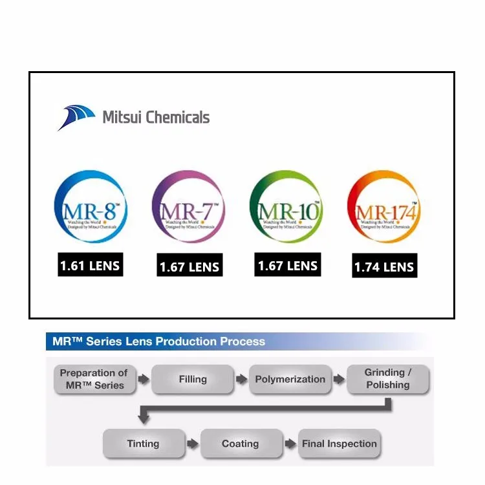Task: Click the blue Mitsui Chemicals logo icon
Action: (76, 117)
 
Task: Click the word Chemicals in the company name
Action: (177, 117)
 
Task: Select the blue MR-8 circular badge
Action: (91, 207)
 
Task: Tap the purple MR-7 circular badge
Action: (189, 207)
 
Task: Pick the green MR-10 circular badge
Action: (286, 207)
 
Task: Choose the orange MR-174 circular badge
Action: (384, 207)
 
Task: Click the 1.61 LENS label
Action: (90, 265)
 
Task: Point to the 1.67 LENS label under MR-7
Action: (189, 266)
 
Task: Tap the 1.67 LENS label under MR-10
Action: (288, 265)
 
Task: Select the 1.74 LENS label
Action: (385, 266)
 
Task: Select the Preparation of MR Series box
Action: (94, 379)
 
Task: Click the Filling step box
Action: (193, 379)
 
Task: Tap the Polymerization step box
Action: (290, 379)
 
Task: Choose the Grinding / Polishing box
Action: (388, 379)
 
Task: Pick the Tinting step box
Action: (143, 444)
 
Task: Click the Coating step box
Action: (241, 444)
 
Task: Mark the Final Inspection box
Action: (339, 444)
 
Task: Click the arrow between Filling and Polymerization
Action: (242, 379)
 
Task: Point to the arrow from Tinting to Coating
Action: (192, 444)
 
